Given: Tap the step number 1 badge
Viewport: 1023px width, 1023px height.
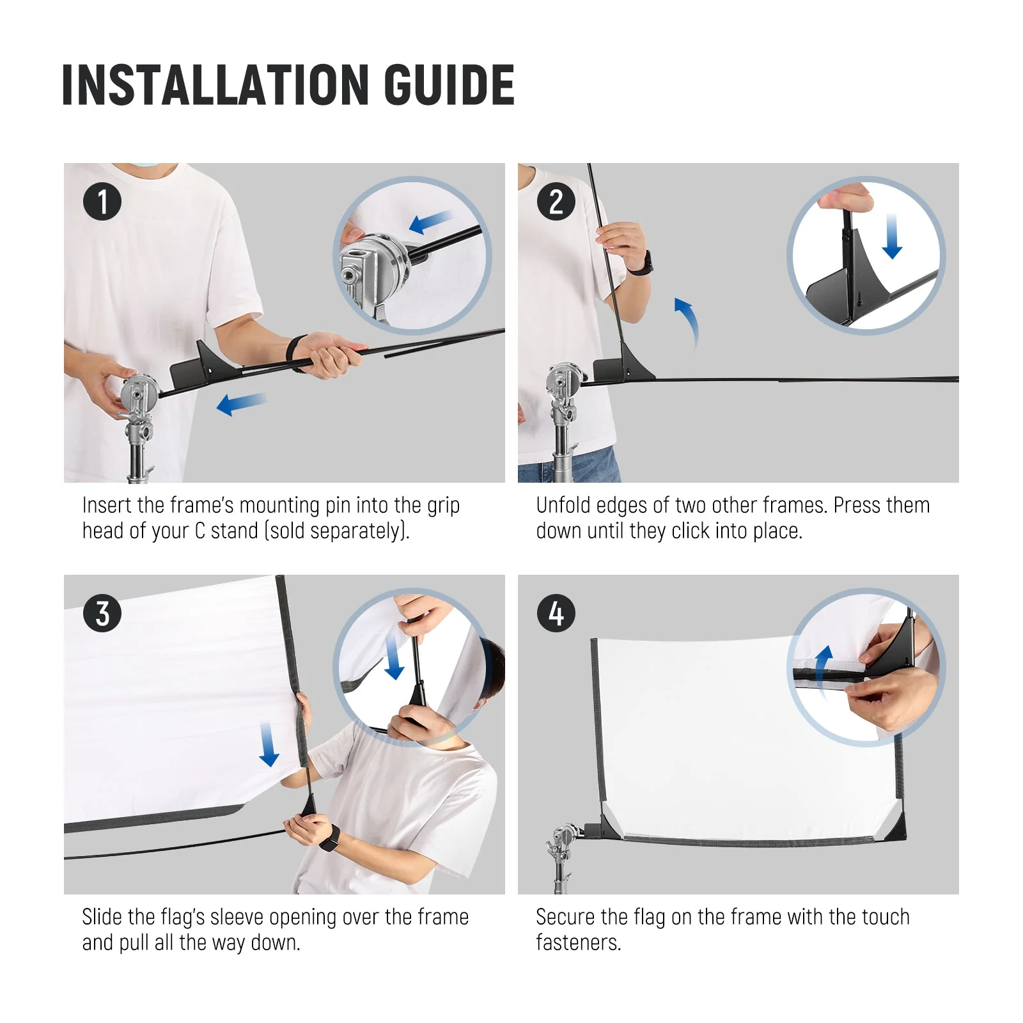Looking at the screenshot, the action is click(x=102, y=202).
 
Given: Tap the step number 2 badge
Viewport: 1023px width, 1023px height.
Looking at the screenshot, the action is click(x=556, y=202).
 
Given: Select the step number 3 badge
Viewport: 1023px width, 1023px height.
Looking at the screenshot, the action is click(x=102, y=614).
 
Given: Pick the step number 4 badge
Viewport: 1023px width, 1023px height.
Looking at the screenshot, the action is click(x=556, y=614).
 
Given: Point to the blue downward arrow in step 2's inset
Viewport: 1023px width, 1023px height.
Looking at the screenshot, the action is click(x=892, y=237).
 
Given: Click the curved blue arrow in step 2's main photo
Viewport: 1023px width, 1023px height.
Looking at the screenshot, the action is click(x=689, y=322).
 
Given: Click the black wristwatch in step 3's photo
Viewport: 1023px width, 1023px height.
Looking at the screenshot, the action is click(x=329, y=838).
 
